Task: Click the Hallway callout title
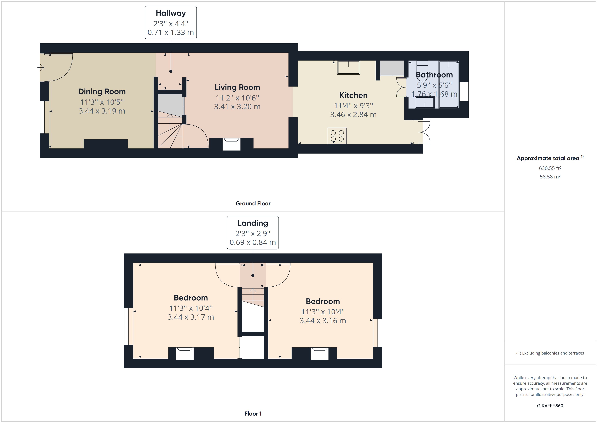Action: [171, 13]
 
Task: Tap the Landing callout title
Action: [253, 223]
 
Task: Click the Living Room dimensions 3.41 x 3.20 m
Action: [237, 107]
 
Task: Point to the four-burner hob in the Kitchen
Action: [337, 136]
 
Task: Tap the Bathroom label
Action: [434, 75]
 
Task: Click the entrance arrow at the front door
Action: [41, 68]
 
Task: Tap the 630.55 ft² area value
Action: [550, 168]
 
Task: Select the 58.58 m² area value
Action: [550, 177]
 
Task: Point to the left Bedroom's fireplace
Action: [185, 354]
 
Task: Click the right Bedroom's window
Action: [377, 333]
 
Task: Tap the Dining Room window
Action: [44, 117]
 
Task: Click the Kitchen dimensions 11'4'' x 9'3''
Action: [353, 106]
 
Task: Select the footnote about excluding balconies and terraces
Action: [550, 353]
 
